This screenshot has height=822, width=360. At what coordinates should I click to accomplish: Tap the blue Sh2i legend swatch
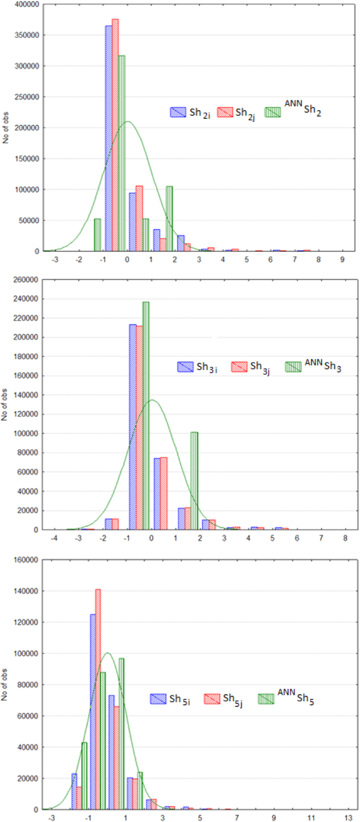click(x=176, y=112)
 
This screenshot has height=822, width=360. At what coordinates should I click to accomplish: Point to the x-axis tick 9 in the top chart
click(x=342, y=259)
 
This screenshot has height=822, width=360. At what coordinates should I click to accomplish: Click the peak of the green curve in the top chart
click(x=127, y=121)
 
